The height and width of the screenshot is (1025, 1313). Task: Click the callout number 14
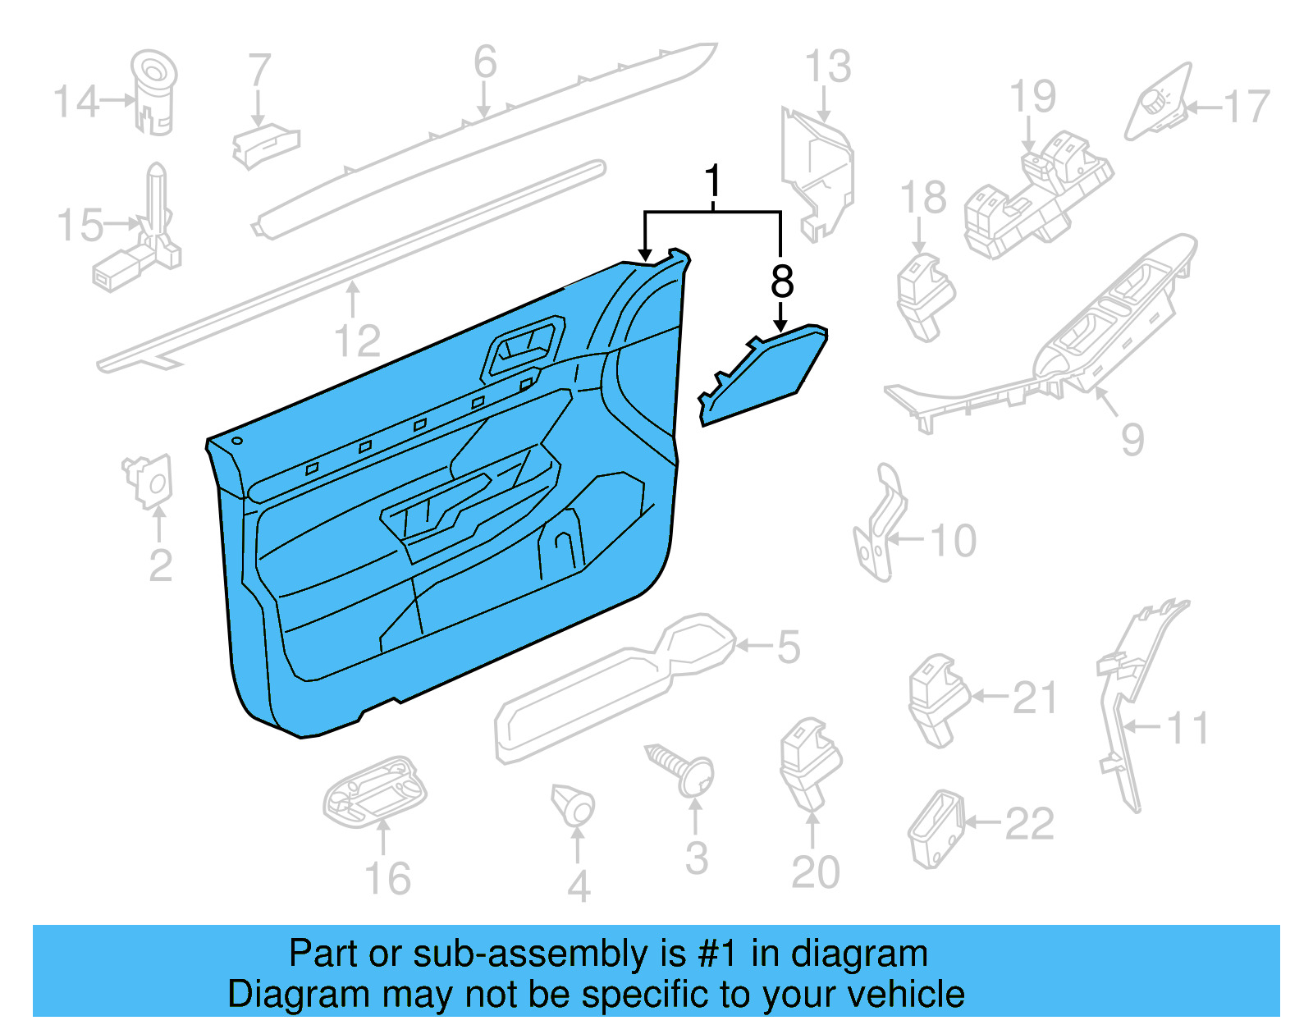click(75, 102)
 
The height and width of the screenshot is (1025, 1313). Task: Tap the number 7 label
click(259, 71)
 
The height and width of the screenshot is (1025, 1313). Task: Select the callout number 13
click(827, 66)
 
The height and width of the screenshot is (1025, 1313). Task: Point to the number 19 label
click(1032, 97)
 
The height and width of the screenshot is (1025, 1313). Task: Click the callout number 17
click(1246, 107)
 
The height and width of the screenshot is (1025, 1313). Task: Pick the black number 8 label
click(782, 281)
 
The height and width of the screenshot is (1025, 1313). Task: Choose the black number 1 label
click(713, 180)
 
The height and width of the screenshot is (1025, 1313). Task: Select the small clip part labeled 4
click(574, 805)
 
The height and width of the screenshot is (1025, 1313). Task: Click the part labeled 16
click(376, 793)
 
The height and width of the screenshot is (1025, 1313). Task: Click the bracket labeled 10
click(881, 525)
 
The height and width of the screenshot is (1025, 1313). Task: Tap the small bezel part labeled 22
click(935, 829)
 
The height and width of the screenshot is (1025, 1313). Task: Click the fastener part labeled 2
click(150, 479)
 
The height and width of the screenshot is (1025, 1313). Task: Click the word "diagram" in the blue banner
click(858, 954)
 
